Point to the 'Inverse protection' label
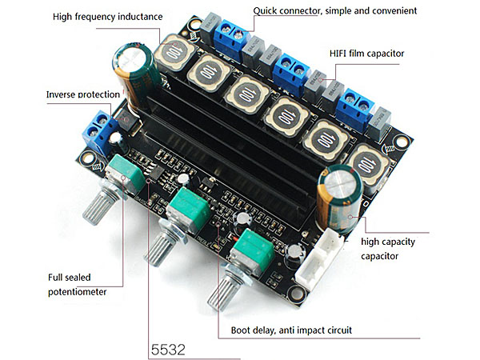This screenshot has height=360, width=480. (83, 94)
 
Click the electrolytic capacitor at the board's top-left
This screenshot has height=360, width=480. (132, 66)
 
